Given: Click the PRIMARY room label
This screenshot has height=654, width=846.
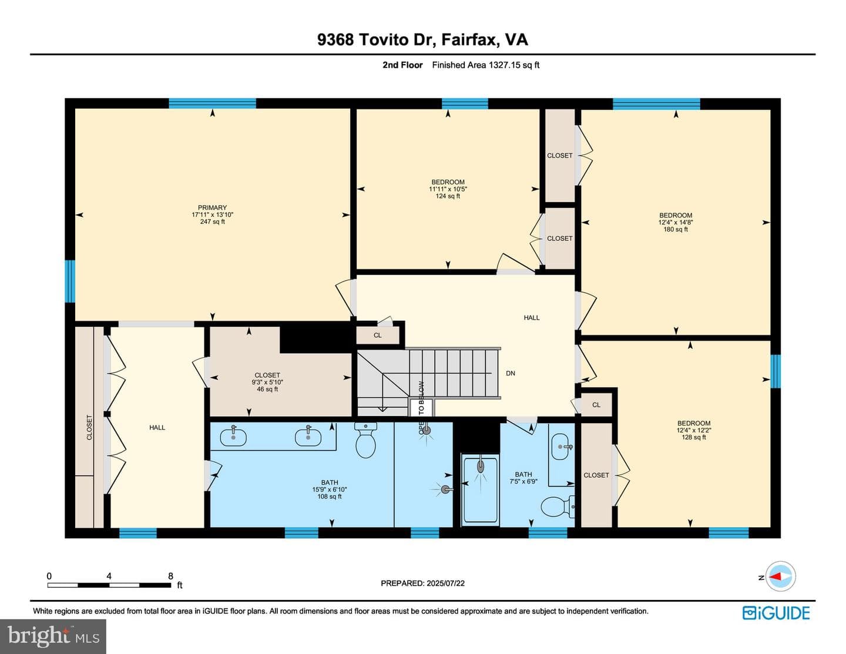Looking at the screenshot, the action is pyautogui.click(x=212, y=207).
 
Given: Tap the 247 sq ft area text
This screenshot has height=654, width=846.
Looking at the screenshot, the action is pyautogui.click(x=212, y=222).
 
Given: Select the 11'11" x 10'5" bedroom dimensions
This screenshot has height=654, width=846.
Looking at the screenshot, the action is pyautogui.click(x=448, y=189).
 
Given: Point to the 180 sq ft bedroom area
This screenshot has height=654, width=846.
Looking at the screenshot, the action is pyautogui.click(x=676, y=229).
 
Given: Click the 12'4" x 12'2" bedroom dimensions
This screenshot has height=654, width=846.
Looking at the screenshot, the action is pyautogui.click(x=694, y=430).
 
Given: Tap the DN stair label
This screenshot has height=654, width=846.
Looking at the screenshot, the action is pyautogui.click(x=511, y=373).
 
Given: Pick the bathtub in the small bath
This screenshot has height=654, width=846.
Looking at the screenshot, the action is pyautogui.click(x=481, y=489).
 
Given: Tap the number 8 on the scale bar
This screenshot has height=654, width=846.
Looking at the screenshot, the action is pyautogui.click(x=170, y=576).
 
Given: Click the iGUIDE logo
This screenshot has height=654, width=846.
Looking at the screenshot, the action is pyautogui.click(x=777, y=613).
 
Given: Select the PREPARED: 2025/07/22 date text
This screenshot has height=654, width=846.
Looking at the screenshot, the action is pyautogui.click(x=422, y=583).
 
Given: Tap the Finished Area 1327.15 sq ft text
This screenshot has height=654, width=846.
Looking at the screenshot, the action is pyautogui.click(x=485, y=65).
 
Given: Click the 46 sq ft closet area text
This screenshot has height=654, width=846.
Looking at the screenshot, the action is pyautogui.click(x=267, y=389).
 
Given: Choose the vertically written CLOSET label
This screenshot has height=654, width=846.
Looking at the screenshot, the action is pyautogui.click(x=89, y=427).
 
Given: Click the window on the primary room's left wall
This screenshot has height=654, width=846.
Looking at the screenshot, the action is pyautogui.click(x=70, y=281).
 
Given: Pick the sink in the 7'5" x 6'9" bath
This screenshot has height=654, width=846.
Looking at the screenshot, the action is pyautogui.click(x=560, y=447).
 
